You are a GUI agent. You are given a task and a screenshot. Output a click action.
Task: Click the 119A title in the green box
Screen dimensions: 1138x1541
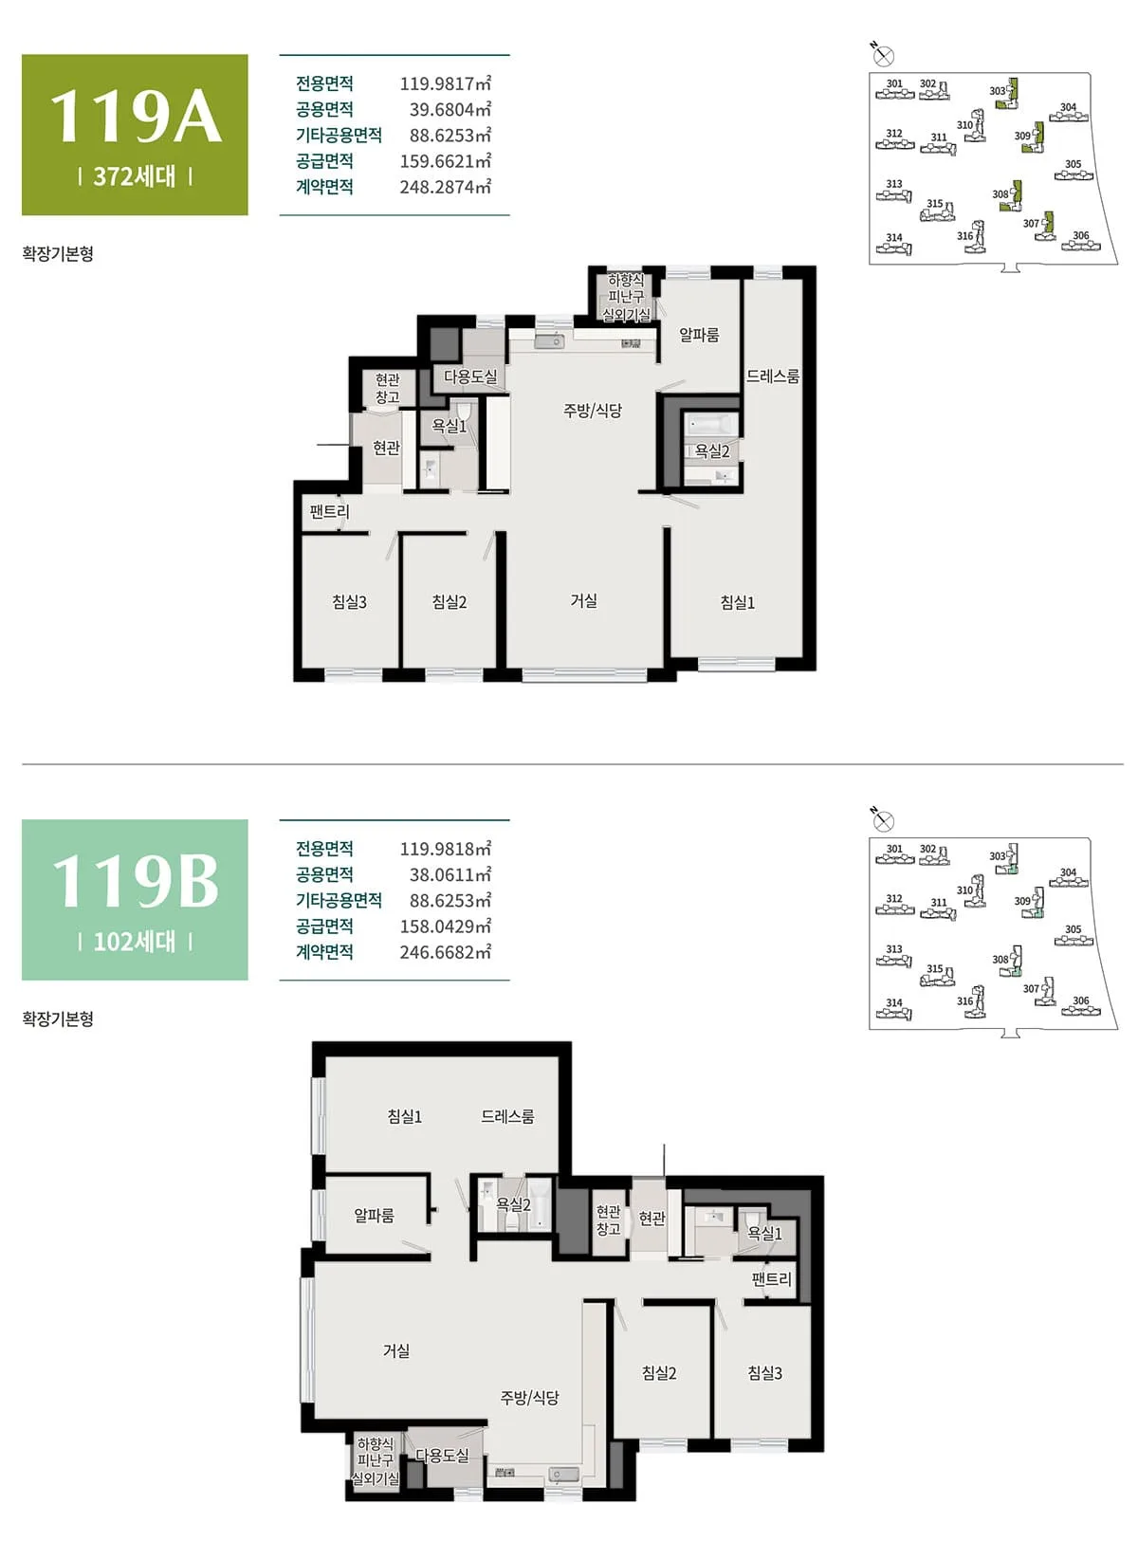click(x=136, y=116)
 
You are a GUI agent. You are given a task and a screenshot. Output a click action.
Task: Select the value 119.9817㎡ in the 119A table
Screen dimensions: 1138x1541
click(x=446, y=83)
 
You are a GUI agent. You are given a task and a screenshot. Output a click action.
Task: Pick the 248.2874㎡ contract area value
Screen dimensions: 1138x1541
click(x=446, y=186)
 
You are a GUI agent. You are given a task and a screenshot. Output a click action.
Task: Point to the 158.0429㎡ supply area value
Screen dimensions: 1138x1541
click(x=446, y=926)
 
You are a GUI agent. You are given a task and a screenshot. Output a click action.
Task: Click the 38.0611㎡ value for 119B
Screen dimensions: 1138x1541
click(x=450, y=874)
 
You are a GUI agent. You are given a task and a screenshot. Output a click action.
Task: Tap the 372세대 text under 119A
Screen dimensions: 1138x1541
click(x=135, y=176)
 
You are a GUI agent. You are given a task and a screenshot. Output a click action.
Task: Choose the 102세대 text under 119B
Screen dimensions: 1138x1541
click(x=135, y=942)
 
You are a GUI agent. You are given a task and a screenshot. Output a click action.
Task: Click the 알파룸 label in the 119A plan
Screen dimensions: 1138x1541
click(x=699, y=335)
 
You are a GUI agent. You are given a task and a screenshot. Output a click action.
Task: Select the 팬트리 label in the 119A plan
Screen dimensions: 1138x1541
click(x=329, y=512)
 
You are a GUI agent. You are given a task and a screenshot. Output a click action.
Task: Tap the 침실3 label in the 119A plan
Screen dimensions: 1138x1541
click(x=349, y=601)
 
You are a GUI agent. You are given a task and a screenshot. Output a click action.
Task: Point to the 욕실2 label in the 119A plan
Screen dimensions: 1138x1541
click(x=712, y=450)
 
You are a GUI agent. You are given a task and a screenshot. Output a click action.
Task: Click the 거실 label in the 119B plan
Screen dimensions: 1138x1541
click(x=396, y=1350)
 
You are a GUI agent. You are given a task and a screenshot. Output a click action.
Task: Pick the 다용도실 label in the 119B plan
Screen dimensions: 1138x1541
click(x=442, y=1454)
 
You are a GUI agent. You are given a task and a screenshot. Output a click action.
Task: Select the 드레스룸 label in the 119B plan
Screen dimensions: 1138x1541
click(x=508, y=1116)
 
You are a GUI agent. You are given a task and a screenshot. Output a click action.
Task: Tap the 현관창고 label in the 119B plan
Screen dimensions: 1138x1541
click(x=609, y=1220)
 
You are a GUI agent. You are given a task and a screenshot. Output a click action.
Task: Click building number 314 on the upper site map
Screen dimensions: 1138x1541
click(x=893, y=238)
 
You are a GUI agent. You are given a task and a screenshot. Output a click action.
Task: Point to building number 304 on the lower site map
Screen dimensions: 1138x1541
click(x=1068, y=871)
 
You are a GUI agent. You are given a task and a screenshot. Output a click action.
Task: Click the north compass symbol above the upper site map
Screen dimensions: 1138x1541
click(x=884, y=56)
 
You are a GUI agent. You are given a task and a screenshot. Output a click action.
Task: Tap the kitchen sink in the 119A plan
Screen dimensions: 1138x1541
click(x=552, y=341)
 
